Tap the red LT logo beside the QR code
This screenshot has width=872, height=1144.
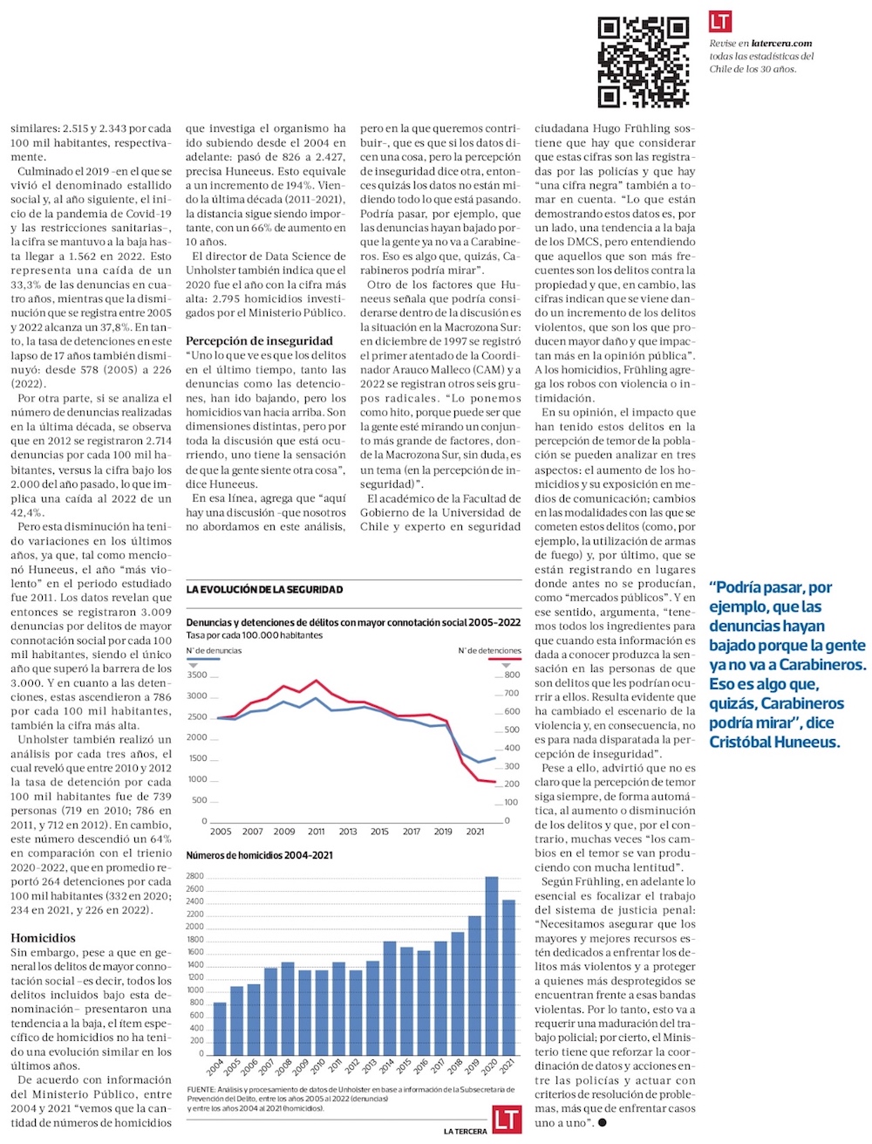tap(720, 22)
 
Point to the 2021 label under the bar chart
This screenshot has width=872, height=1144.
tap(508, 1066)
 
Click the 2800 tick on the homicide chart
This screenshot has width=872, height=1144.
tap(194, 876)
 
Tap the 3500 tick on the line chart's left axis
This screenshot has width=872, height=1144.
tap(197, 675)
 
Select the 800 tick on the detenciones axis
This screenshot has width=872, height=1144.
tap(512, 675)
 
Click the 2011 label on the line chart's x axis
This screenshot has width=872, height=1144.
tap(317, 832)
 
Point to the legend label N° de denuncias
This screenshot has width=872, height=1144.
tap(214, 650)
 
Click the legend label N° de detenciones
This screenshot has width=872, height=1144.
tap(490, 650)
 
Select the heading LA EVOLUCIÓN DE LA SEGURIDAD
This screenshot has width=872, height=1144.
tap(264, 590)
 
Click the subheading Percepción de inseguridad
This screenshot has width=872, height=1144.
tap(259, 340)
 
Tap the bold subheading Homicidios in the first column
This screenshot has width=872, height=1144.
tap(43, 938)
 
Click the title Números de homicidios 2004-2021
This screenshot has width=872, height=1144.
tap(259, 855)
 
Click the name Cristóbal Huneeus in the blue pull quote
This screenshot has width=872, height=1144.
tap(773, 742)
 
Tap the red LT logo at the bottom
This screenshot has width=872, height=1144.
tap(507, 1120)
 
